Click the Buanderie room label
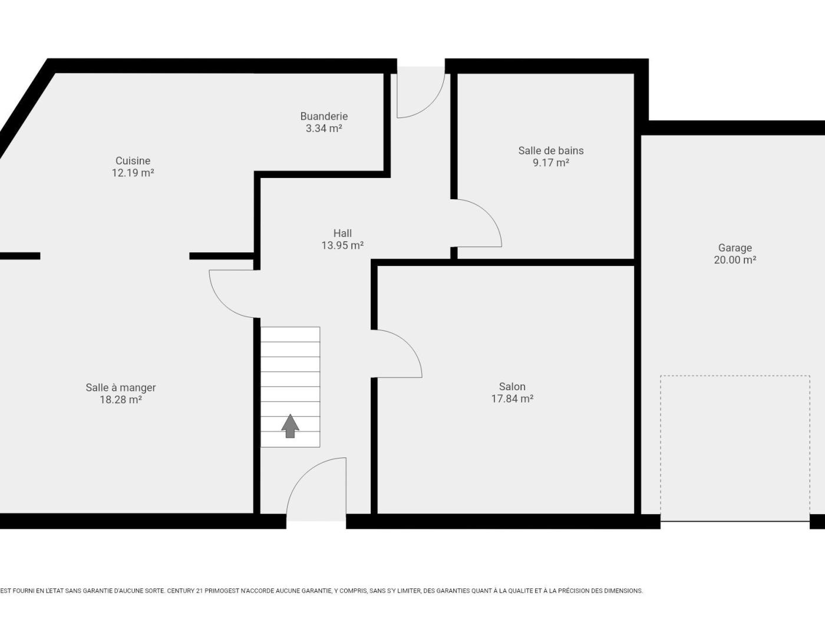(324, 116)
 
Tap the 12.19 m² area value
(133, 173)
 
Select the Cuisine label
(133, 160)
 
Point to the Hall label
(342, 233)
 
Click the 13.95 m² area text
(342, 245)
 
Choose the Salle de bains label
(551, 150)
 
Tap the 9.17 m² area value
(551, 163)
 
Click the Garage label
(735, 248)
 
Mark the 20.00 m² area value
(735, 260)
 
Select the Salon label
(512, 386)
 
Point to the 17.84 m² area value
(512, 399)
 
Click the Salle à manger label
(121, 387)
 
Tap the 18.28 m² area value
(121, 400)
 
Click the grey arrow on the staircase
(290, 426)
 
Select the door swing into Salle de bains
(487, 213)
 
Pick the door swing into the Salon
(408, 344)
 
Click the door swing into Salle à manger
(223, 303)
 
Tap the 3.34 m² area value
(324, 129)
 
